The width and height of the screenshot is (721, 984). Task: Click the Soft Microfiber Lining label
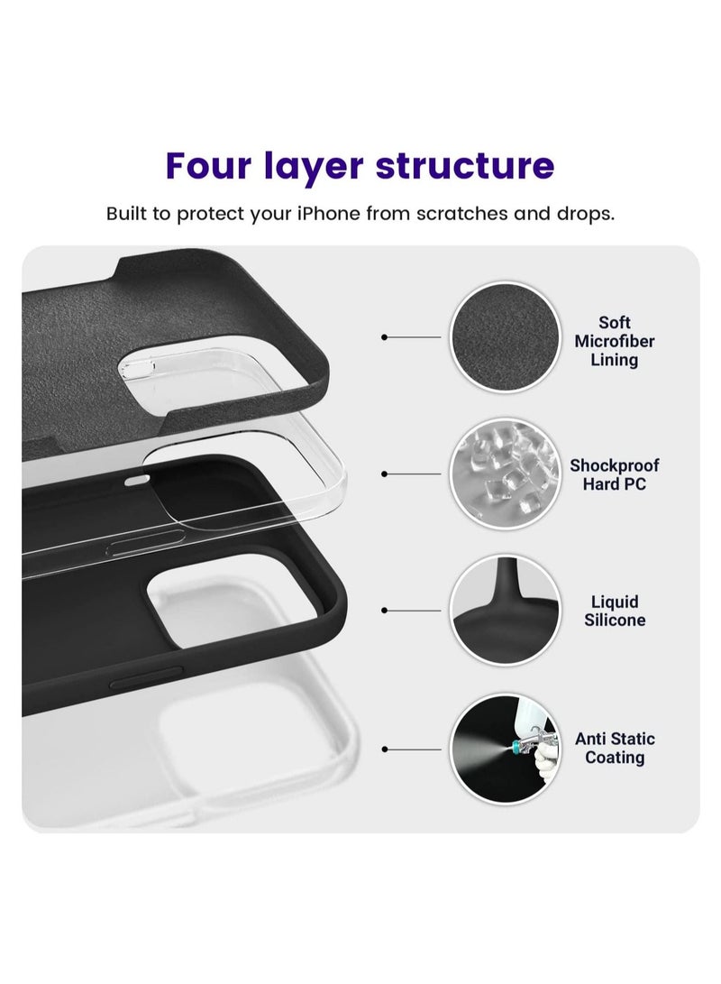614,341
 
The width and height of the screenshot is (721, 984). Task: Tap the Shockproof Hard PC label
614,474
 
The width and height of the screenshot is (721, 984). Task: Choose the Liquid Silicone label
614,611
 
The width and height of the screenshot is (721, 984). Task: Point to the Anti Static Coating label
614,748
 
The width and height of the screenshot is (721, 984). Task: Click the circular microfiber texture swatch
503,336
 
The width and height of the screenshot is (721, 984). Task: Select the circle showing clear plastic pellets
503,474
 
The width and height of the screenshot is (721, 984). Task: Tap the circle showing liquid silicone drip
503,610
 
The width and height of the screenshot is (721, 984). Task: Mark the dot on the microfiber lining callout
385,336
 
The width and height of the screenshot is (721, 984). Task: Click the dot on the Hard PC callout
385,474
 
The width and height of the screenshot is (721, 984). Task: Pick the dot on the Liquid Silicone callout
385,610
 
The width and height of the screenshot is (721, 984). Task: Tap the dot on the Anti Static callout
385,748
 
